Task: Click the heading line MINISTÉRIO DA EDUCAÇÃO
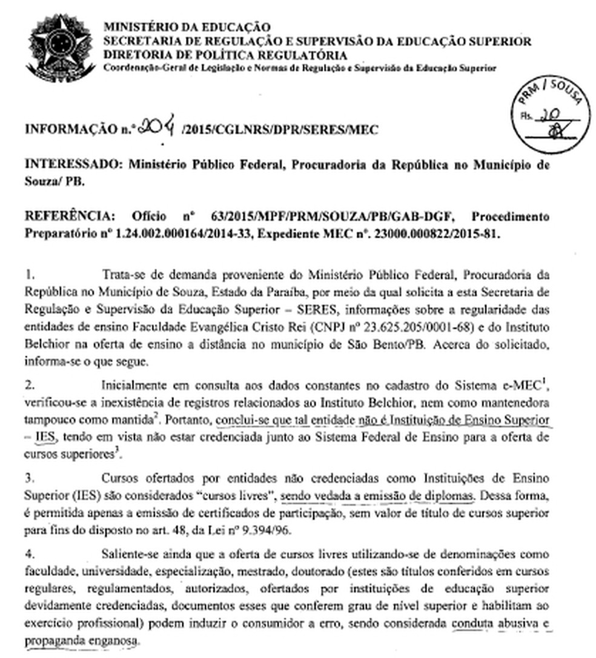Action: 188,27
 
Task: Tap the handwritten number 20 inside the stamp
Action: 550,116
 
